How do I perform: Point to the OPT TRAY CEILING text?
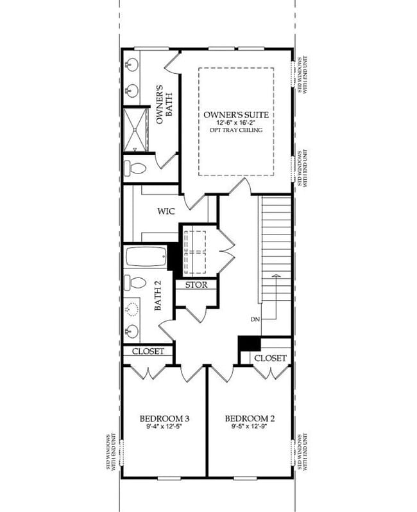(235, 130)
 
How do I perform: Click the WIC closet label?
(166, 211)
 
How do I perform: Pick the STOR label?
(196, 285)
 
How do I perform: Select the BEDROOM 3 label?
(164, 418)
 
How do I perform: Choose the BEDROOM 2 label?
(249, 418)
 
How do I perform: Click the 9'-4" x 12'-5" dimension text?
(164, 427)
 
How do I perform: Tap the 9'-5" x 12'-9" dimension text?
(249, 427)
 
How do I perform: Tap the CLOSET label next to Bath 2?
(148, 351)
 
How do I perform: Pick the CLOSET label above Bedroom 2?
(270, 358)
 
